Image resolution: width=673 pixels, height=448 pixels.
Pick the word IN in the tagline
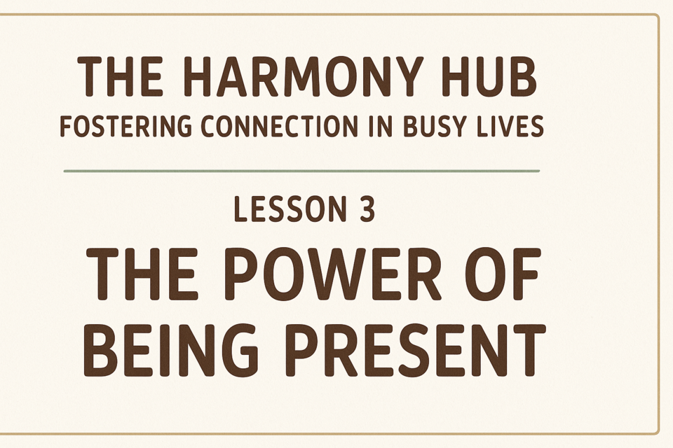point(381,127)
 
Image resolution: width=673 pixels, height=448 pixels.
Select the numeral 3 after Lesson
point(366,209)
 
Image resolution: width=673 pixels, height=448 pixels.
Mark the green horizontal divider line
point(301,171)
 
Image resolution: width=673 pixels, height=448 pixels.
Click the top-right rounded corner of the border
point(656,17)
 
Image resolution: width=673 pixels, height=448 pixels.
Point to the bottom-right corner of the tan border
point(656,432)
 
